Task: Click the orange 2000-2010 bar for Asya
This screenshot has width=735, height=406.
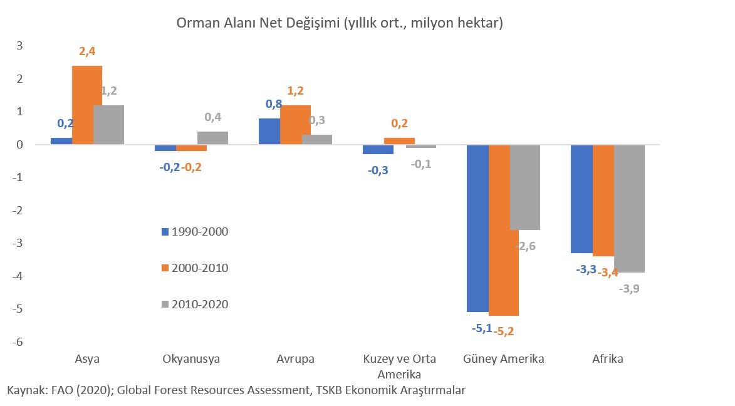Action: tap(87, 105)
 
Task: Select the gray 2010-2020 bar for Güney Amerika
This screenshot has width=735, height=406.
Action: tap(525, 187)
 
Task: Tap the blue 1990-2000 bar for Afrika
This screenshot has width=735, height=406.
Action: tap(581, 199)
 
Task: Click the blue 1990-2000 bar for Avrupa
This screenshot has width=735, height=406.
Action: tap(269, 132)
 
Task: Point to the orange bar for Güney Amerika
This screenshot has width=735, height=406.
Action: tap(504, 230)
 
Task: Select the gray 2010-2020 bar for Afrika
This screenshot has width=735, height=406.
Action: tap(629, 208)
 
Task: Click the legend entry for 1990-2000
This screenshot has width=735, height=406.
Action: tap(195, 232)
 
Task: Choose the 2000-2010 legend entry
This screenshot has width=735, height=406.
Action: tap(195, 268)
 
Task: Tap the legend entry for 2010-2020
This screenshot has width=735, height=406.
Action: tap(195, 304)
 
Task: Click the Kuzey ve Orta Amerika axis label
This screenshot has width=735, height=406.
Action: tap(400, 367)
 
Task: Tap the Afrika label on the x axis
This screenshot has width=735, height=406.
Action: tap(608, 360)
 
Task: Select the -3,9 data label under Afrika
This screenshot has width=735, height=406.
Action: tap(630, 289)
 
